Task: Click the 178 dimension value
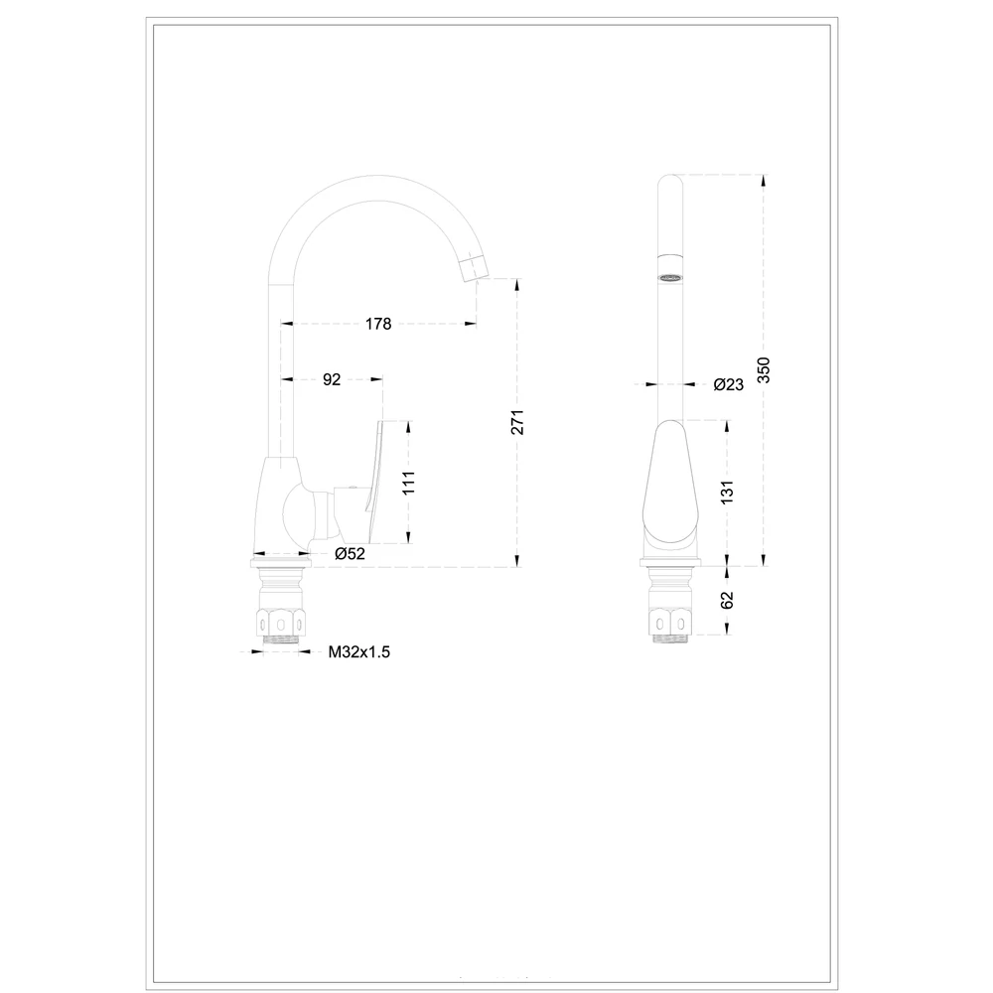point(378,324)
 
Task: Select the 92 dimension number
point(332,379)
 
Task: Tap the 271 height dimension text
point(517,422)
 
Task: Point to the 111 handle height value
point(408,483)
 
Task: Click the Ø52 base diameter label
point(351,553)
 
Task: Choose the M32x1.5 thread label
point(359,651)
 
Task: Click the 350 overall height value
point(764,369)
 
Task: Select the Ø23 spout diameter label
point(728,384)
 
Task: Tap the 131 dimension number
point(727,493)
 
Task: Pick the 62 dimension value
point(727,600)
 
